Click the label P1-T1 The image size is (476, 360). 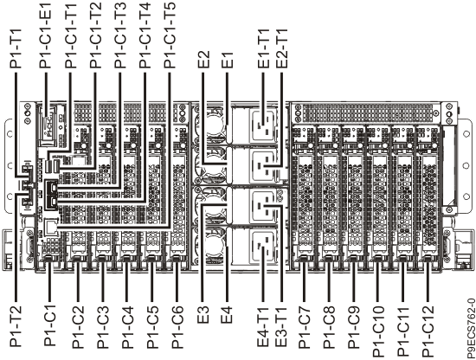16,48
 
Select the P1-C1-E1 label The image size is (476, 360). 45,35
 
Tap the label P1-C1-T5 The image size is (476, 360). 170,35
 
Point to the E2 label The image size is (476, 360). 203,59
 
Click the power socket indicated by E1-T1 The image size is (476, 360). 264,125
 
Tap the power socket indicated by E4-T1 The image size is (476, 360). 263,247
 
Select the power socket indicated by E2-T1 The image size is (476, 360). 264,166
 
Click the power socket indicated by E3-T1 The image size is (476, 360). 264,206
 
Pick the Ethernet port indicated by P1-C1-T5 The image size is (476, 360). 50,227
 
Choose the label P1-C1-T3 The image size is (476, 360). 120,35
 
